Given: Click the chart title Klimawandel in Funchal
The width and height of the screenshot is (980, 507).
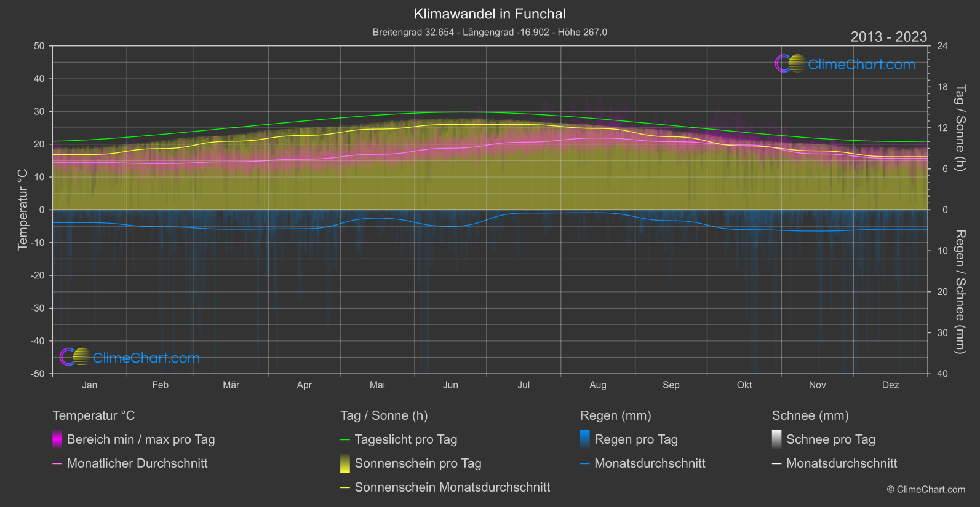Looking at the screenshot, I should point(490,14).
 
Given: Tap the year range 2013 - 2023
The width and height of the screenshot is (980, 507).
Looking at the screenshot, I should point(888,37).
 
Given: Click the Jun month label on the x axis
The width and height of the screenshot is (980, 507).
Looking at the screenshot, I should point(450,385).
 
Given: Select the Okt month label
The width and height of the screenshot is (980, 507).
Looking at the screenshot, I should point(744,385).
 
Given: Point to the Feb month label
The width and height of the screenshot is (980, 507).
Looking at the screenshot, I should point(160,385).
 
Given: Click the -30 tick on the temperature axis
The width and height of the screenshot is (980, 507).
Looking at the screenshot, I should point(38,309).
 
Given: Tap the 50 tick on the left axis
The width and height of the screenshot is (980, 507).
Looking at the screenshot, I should point(39,46).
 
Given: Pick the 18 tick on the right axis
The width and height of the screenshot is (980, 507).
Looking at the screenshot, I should point(942,87).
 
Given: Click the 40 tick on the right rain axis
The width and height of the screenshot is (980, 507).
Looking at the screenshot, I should point(942,374).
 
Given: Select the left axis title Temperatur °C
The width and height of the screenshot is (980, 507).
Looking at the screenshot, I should point(23,210).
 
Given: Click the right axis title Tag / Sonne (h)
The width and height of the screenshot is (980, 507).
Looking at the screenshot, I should point(960,128).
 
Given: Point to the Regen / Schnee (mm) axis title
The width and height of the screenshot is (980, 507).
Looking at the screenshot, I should point(960,292).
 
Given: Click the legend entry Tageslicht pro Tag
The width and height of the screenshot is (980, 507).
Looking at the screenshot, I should point(405,439).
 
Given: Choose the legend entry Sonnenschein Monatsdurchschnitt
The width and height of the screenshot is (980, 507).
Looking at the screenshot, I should point(452,487).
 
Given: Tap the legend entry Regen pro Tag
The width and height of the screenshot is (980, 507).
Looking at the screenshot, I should point(635,439).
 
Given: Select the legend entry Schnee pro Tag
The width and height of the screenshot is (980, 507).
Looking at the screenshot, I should point(831,439).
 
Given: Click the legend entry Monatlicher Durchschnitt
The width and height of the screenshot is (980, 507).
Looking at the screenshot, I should point(137,463).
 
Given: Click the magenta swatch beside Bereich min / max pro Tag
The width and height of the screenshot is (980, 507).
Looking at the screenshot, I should point(57,439).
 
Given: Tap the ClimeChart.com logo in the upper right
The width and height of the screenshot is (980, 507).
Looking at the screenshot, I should point(845,64).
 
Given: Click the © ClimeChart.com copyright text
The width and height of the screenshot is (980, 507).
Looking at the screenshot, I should point(926,490).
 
